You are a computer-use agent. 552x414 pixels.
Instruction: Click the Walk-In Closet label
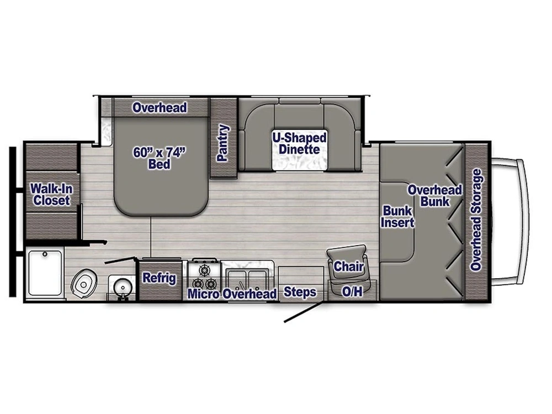[51, 194]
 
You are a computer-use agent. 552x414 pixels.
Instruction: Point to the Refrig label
[159, 278]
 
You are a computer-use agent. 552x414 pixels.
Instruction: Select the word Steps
[300, 292]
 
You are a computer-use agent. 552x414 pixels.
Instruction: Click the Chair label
[349, 267]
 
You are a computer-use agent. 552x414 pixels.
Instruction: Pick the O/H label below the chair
[352, 292]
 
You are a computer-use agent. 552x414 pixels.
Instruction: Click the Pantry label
[223, 143]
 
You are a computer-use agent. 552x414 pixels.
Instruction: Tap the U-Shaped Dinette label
[299, 143]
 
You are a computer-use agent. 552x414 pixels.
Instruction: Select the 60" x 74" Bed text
[158, 157]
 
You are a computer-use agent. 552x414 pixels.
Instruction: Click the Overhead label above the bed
[160, 108]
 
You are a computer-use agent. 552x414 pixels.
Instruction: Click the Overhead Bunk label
[434, 195]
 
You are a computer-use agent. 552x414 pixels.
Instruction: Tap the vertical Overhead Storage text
[476, 220]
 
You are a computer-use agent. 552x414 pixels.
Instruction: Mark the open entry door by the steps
[303, 312]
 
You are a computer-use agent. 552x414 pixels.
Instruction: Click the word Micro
[204, 294]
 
